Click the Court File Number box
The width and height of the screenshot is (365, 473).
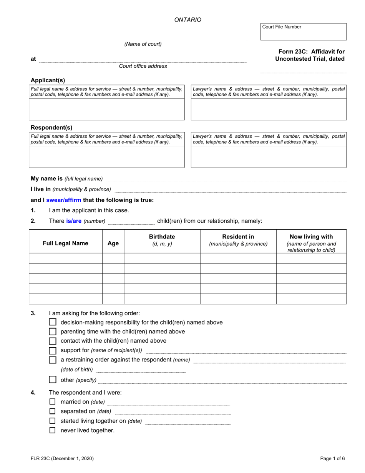click(303, 32)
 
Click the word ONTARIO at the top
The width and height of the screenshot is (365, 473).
click(187, 20)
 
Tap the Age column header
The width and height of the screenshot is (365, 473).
click(113, 243)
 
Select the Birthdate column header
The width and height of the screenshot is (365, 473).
click(162, 240)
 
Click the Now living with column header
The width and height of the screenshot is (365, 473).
click(311, 243)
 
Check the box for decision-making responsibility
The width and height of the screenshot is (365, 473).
click(53, 322)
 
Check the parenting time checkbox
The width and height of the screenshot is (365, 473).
click(53, 331)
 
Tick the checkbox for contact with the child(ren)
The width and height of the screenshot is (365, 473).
click(53, 341)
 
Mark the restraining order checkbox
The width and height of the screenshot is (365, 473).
click(53, 360)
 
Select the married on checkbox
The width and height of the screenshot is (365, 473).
click(53, 401)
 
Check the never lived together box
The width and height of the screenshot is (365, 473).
click(53, 430)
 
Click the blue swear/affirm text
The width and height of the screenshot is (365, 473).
click(63, 200)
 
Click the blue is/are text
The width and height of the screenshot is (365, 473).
click(74, 221)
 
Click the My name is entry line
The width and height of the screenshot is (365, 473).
click(226, 179)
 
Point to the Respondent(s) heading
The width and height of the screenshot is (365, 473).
click(51, 128)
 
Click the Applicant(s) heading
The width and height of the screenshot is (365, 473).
click(48, 80)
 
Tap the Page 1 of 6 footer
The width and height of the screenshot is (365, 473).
click(332, 458)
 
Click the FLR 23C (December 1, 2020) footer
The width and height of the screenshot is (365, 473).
click(62, 458)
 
